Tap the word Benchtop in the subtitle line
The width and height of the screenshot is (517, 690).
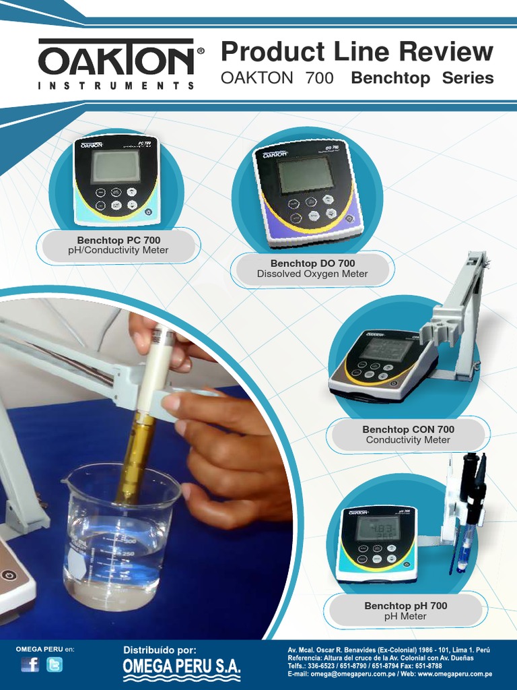[390, 78]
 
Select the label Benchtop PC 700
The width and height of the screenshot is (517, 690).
[118, 240]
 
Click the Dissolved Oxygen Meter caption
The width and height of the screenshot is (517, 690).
[312, 274]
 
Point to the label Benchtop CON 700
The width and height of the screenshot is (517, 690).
[408, 429]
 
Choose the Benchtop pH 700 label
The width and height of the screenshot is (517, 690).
[405, 606]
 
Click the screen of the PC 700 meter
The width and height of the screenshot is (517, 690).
[116, 166]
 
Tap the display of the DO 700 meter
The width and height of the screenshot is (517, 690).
[306, 175]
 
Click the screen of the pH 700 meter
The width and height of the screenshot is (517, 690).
[378, 528]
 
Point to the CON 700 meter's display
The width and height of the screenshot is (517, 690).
[386, 349]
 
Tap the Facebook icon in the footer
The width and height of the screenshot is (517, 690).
[30, 665]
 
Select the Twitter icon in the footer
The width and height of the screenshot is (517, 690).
[55, 665]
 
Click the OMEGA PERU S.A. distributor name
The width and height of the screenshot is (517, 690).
[181, 666]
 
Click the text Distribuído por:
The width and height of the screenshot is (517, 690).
[160, 650]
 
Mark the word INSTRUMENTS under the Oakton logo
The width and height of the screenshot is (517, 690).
[116, 86]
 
